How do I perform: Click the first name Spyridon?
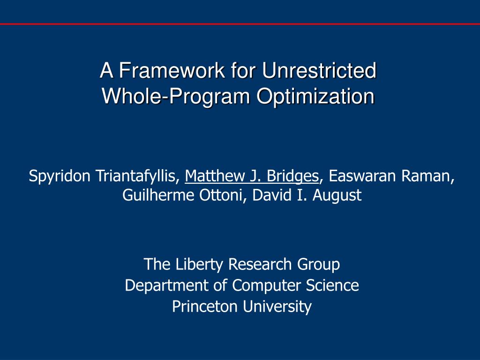[x=60, y=176]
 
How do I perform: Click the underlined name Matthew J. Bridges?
[x=252, y=176]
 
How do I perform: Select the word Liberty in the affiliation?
[x=200, y=264]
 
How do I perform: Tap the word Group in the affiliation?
[x=318, y=264]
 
